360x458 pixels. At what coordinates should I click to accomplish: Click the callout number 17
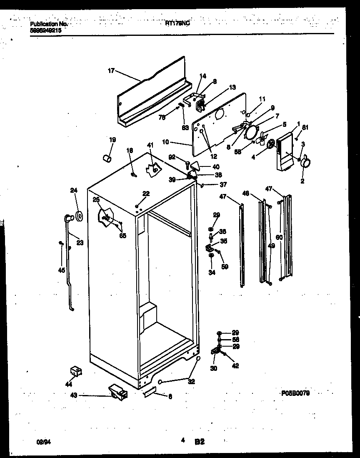[x=111, y=71]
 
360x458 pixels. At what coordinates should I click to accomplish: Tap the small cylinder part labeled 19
[x=107, y=159]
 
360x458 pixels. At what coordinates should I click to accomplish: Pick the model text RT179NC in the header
[x=177, y=24]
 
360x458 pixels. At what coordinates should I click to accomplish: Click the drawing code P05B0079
[x=295, y=393]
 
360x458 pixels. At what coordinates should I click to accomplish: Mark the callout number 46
[x=245, y=194]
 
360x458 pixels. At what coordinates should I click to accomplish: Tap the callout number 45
[x=61, y=270]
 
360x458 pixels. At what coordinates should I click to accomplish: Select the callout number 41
[x=150, y=145]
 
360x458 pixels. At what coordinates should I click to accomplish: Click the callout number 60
[x=279, y=237]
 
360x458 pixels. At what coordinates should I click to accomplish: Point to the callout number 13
[x=232, y=87]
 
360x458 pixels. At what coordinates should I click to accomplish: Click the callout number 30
[x=214, y=369]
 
